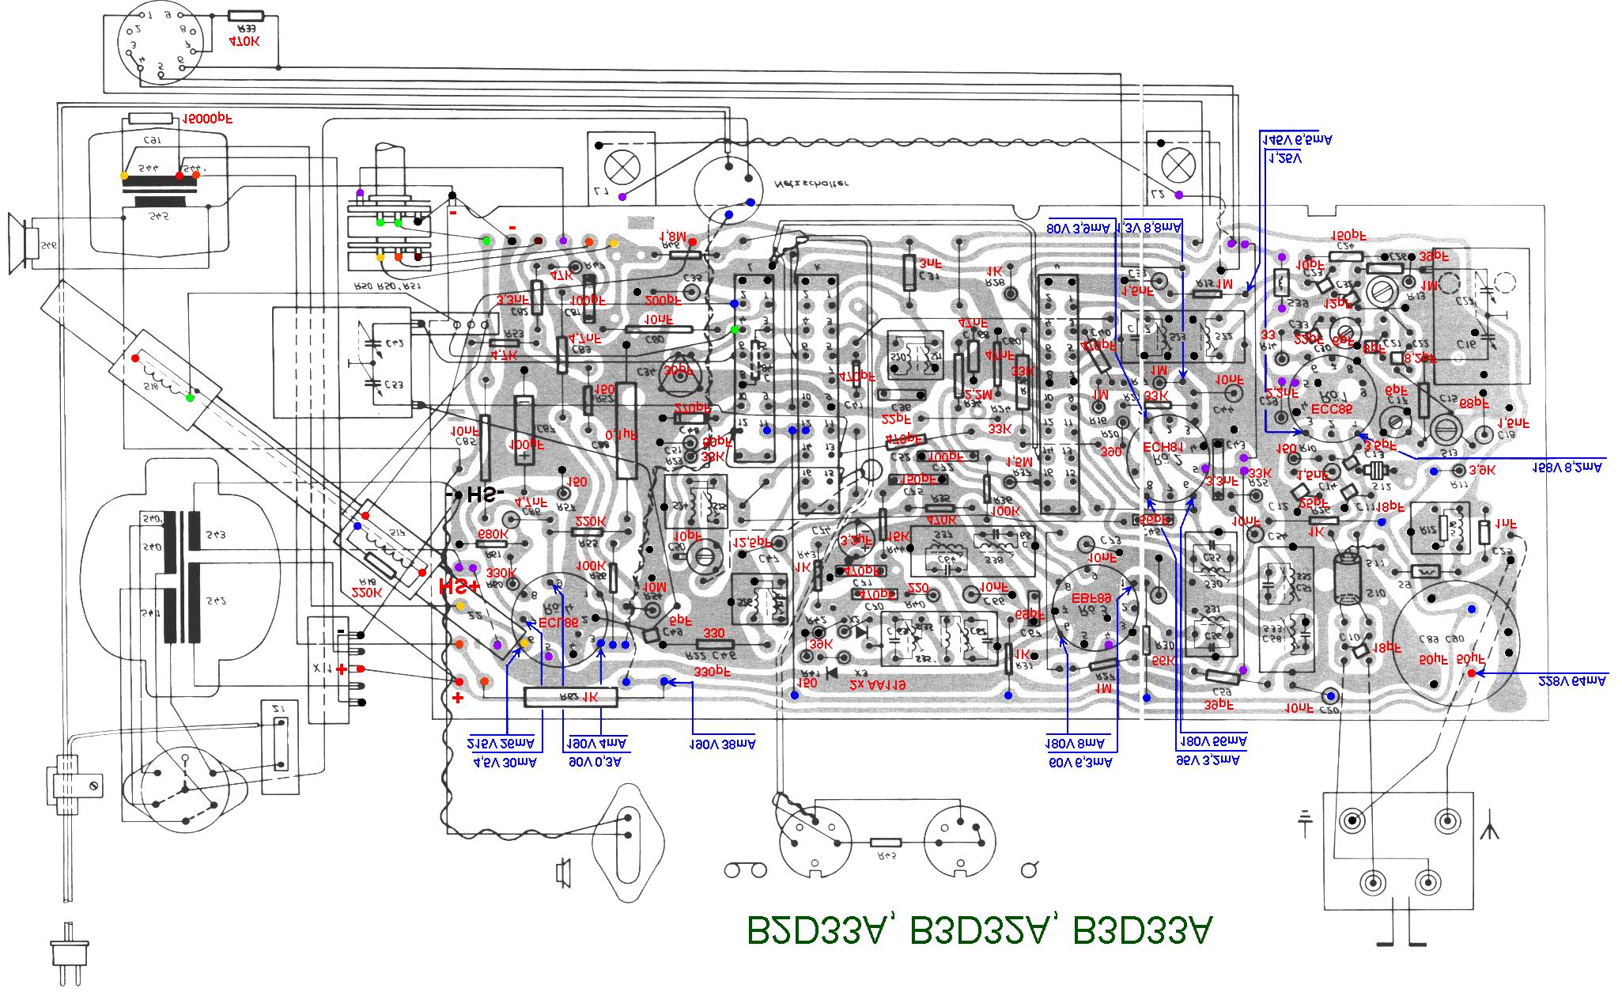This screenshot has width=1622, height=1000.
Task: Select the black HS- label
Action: click(x=478, y=495)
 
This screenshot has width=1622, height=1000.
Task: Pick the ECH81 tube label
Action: click(x=1163, y=447)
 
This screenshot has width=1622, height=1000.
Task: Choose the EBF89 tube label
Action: click(x=1092, y=600)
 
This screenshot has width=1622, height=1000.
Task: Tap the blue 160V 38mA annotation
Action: click(x=721, y=744)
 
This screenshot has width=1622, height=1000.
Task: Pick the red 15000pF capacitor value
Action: click(x=207, y=120)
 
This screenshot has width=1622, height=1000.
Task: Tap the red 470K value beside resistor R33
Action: click(x=243, y=39)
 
